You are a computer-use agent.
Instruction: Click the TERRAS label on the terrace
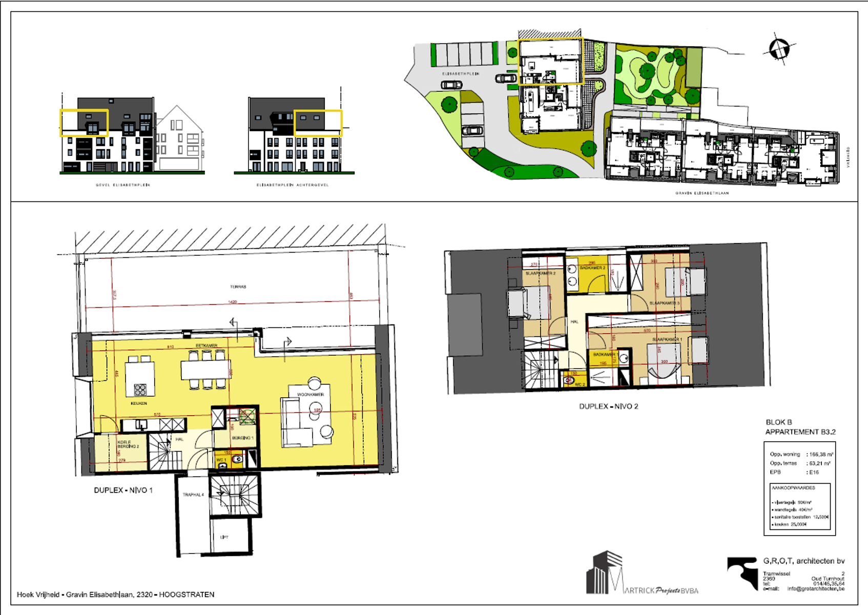238,286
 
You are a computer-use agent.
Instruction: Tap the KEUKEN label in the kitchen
139,403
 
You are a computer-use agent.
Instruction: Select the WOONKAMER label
311,395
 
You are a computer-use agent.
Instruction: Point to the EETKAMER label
206,346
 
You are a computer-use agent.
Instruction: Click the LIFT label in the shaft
224,537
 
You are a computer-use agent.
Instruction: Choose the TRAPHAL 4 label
193,495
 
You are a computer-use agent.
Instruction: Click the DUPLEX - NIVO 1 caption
123,490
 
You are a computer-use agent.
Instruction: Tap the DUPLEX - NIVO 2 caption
609,406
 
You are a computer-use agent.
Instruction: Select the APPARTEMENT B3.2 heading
800,432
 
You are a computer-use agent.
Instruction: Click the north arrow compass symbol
778,49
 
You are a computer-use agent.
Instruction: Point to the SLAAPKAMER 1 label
667,339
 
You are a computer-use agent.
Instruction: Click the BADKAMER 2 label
592,268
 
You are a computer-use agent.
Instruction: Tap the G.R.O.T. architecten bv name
804,561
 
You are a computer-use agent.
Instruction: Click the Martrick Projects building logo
605,572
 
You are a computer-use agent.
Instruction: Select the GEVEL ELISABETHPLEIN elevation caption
123,185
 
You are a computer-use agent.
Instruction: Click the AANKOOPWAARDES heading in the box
793,488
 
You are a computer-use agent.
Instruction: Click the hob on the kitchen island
140,390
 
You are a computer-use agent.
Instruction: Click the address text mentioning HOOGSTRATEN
116,594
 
